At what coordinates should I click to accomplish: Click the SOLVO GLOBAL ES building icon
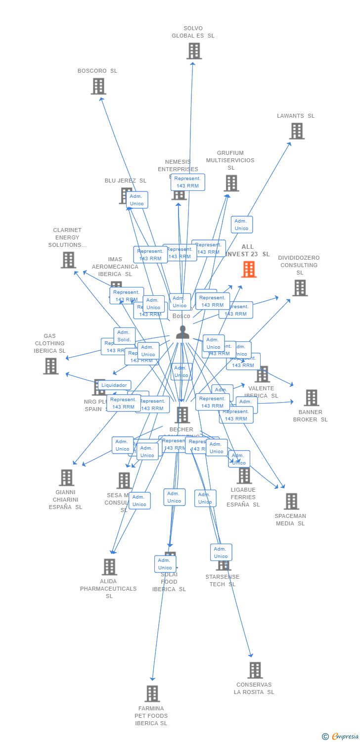coord(194,51)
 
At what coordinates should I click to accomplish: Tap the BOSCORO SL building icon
coord(98,86)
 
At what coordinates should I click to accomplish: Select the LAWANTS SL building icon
coord(297,131)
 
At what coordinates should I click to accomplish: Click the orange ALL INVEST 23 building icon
coord(249,270)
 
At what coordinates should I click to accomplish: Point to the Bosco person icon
coord(182,332)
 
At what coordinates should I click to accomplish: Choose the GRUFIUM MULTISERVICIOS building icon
coord(231,183)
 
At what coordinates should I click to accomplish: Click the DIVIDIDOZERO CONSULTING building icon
coord(300,288)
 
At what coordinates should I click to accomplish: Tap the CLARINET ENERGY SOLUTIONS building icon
coord(68,260)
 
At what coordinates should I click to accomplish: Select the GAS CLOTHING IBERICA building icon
coord(51,366)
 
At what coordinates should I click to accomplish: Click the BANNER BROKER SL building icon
coord(311,398)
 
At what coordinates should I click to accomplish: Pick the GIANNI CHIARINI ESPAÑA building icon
coord(67,478)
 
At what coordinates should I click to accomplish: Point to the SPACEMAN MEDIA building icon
coord(291,501)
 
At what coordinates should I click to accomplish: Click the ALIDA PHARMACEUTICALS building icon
coord(109,567)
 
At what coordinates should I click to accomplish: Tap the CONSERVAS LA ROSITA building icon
coord(255,670)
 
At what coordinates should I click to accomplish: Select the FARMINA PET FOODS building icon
coord(152,694)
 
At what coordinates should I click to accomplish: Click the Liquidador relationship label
coord(115,385)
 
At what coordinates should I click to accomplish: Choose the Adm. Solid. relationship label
coord(124,336)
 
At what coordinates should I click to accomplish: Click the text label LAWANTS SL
coord(296,116)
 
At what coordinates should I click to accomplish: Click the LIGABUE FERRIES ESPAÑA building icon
coord(244,475)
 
